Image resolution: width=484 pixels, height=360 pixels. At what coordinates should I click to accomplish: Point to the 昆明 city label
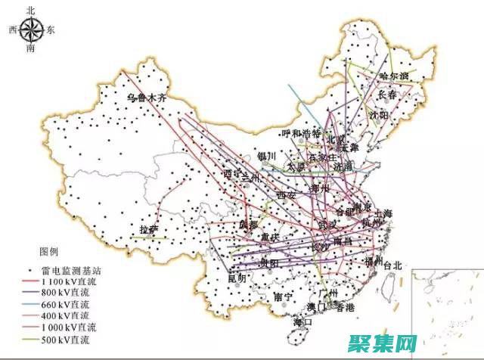point(236,278)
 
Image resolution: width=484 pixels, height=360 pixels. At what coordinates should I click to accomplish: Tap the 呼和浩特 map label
point(300,134)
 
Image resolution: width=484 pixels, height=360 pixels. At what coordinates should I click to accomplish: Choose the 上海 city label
point(383,213)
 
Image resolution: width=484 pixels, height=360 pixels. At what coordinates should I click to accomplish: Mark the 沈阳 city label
point(378,115)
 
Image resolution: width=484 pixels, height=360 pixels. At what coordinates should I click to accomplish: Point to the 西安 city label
point(287,194)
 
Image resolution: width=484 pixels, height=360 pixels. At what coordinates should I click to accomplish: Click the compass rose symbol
point(31,30)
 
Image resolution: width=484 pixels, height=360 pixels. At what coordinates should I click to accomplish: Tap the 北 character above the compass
point(30,10)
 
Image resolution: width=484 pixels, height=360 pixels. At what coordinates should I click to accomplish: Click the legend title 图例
point(50,251)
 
